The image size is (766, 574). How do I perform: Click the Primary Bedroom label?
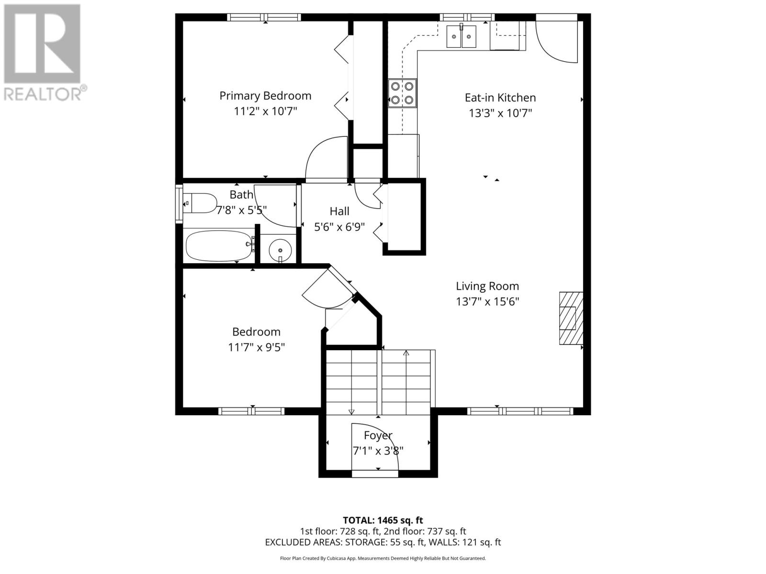tap(265, 96)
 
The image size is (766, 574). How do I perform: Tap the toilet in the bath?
tap(200, 203)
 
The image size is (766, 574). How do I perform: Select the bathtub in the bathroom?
tap(220, 246)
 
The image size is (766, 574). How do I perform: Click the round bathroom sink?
tap(280, 250)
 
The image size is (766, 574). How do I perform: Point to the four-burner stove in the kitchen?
tap(402, 93)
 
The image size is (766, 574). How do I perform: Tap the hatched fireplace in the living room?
tap(571, 318)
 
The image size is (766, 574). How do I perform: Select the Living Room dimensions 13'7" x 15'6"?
tap(487, 301)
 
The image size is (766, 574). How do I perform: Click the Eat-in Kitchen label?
tap(500, 98)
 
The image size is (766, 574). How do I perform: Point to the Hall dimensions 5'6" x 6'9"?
tap(339, 227)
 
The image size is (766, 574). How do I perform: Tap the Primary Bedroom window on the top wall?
tap(264, 17)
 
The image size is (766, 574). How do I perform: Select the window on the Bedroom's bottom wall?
tap(251, 411)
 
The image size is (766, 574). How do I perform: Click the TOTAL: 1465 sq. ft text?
tap(383, 520)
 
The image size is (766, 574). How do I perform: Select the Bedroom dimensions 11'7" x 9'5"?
tap(257, 347)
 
